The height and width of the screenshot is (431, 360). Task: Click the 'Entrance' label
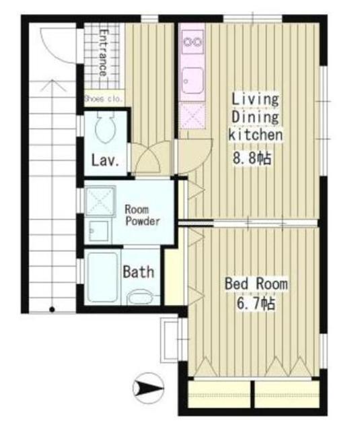(x=103, y=53)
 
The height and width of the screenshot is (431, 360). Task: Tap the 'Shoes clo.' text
(x=104, y=99)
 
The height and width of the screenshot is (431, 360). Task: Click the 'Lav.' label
(x=105, y=161)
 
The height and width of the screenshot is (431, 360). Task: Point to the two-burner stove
(x=192, y=42)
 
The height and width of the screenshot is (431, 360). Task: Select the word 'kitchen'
(x=256, y=135)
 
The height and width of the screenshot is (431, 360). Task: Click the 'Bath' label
(x=139, y=272)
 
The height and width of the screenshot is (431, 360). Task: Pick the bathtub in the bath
(x=103, y=277)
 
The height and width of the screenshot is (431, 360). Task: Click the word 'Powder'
(x=143, y=222)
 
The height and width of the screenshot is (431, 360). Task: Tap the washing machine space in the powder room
(x=100, y=201)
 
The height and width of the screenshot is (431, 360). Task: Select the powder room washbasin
(x=99, y=231)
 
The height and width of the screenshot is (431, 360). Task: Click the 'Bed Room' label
(x=256, y=284)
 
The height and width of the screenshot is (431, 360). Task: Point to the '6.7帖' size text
(x=256, y=304)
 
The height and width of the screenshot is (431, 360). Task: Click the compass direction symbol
(x=148, y=388)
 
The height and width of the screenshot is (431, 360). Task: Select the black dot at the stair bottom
(x=52, y=310)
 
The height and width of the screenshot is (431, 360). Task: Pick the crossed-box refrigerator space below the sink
(x=192, y=116)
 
